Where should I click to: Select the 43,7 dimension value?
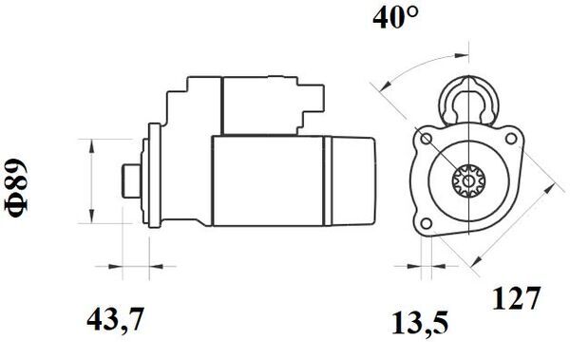coord(116,320)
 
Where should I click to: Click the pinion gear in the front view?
coord(466,181)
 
